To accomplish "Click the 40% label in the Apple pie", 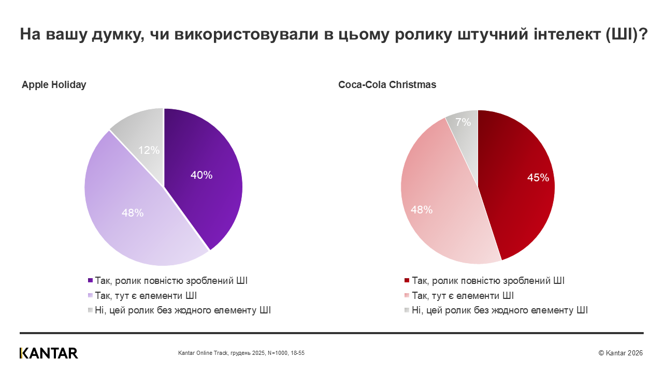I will pos(201,175).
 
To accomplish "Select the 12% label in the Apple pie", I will pos(149,150).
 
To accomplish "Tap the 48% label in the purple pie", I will pos(133,212).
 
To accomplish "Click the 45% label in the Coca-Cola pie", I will pos(538,178).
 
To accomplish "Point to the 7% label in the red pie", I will pos(463,122).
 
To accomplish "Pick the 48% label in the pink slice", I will pos(422,210).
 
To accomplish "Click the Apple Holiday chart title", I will pos(54,85).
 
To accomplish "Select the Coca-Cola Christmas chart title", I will pos(387,85).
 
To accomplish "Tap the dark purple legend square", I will pos(91,281).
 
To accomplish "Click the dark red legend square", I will pos(407,281).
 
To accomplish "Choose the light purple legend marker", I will pos(91,296).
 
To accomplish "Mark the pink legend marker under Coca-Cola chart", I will pos(407,296).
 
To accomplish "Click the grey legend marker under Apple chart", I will pos(91,310).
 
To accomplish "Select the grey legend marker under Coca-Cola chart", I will pos(407,310).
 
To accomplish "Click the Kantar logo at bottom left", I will pos(49,353).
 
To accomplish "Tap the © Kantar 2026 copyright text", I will pos(621,353).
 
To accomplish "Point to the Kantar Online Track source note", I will pos(241,353).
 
